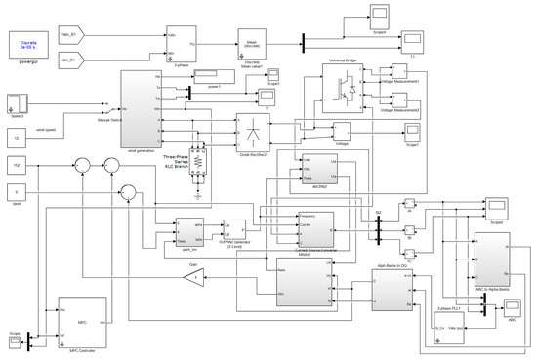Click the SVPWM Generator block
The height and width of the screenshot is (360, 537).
pos(233,230)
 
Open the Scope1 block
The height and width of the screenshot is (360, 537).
pos(403,133)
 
